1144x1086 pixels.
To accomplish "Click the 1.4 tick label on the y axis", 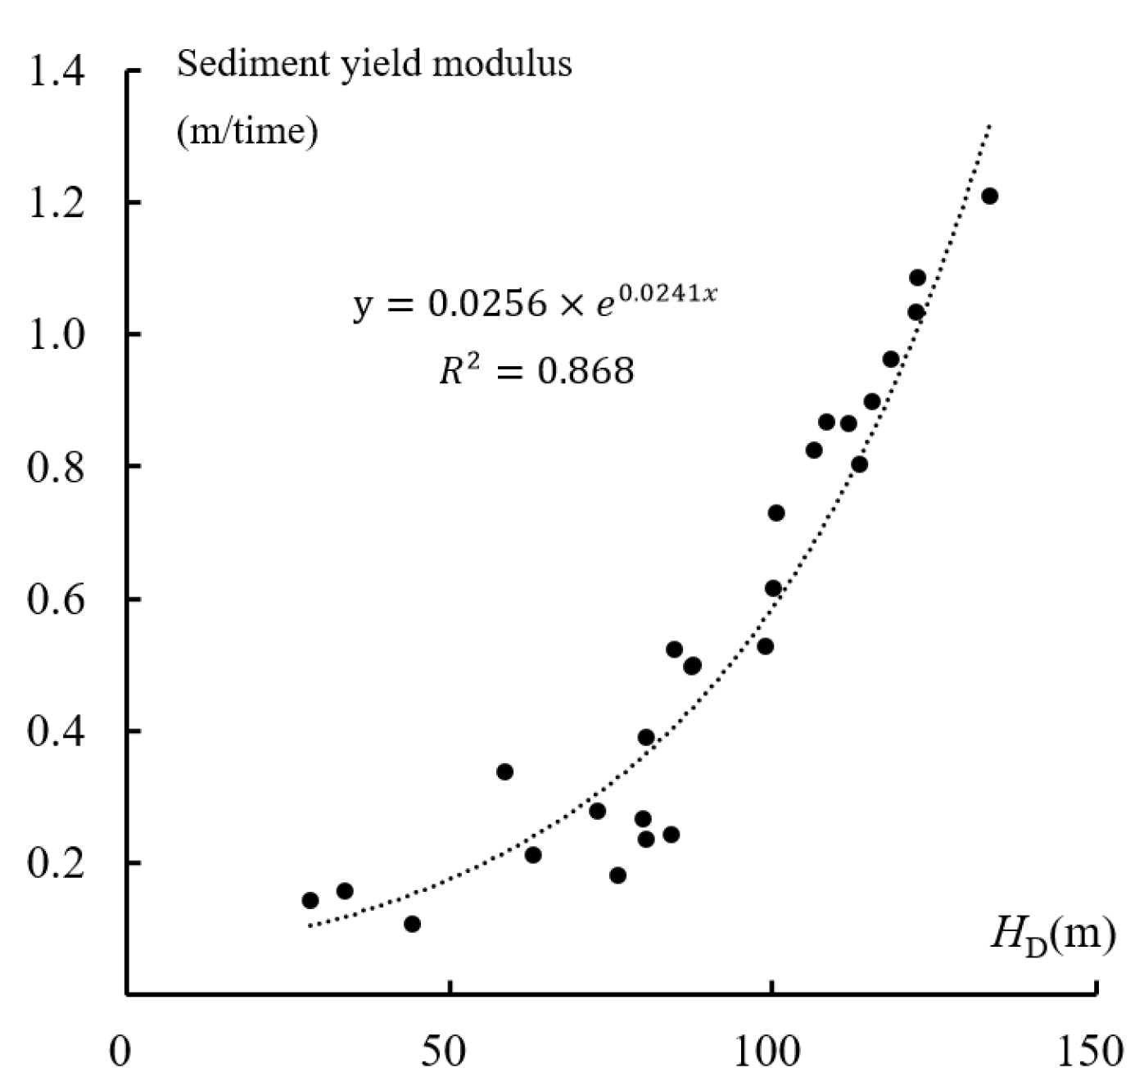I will [x=56, y=72].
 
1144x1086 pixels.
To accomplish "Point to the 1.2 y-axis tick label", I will [x=56, y=203].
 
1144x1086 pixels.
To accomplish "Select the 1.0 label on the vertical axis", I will [x=56, y=335].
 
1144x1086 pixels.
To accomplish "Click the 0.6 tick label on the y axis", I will [x=56, y=600].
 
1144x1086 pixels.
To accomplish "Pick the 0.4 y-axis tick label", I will [x=56, y=731].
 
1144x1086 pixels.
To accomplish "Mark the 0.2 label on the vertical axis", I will [x=56, y=863].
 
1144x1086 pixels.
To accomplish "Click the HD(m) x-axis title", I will [x=1052, y=935].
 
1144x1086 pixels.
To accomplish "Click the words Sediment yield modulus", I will [x=374, y=64].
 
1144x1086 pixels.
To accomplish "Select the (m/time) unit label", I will [x=247, y=131].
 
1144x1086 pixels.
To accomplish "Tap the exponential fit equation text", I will [x=535, y=303].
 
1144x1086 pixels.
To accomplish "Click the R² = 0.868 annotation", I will [x=536, y=371].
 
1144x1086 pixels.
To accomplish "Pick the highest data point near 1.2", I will [x=989, y=196].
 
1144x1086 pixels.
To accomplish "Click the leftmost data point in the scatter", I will [x=310, y=901].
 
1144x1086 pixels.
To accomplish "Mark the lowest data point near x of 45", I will [x=413, y=924].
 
